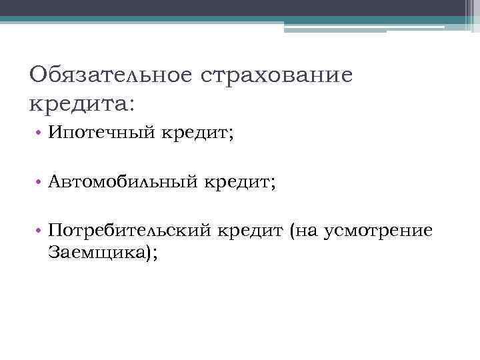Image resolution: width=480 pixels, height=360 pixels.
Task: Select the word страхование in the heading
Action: click(x=275, y=74)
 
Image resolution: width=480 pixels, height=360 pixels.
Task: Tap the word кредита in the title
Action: click(x=75, y=103)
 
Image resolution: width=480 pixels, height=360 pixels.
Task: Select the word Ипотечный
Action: click(x=102, y=134)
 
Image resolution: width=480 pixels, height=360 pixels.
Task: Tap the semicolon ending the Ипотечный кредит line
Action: click(x=231, y=135)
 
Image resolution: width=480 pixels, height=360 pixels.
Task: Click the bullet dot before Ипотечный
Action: click(x=41, y=134)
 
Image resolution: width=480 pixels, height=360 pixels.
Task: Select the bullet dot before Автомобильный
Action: click(x=41, y=182)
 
